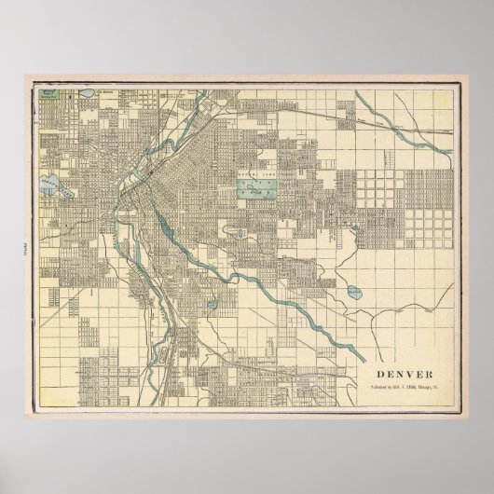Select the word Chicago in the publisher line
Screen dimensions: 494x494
point(412,364)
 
